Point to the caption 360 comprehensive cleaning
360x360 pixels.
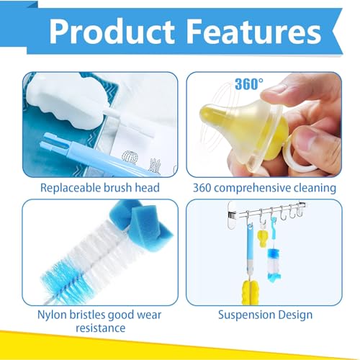point(264,188)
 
